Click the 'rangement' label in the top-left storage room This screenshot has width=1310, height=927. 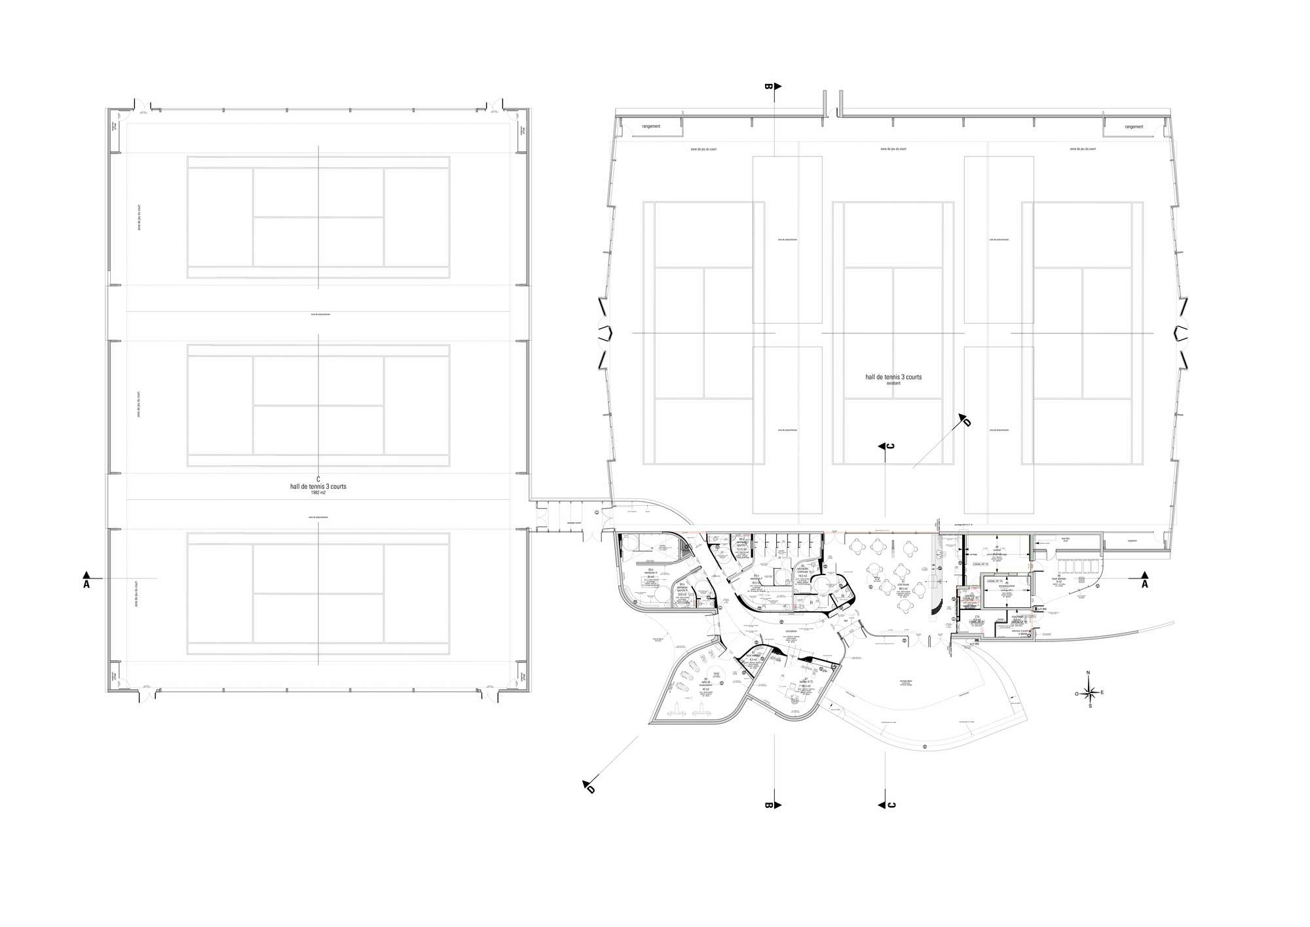(651, 126)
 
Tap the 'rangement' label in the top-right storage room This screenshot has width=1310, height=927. (1134, 127)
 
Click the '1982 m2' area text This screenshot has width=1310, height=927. (318, 492)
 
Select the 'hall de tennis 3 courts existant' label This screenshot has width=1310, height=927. (893, 379)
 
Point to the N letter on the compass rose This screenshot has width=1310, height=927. (1088, 673)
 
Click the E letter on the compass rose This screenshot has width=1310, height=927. (1102, 692)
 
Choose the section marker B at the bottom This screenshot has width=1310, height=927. (770, 805)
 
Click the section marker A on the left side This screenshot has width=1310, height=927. (86, 584)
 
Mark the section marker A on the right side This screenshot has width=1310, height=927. (1145, 584)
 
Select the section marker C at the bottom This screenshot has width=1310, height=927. (891, 805)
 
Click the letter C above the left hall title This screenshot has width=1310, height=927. (318, 479)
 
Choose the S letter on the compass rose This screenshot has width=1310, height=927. (1090, 706)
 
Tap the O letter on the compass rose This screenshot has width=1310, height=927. (1076, 692)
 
